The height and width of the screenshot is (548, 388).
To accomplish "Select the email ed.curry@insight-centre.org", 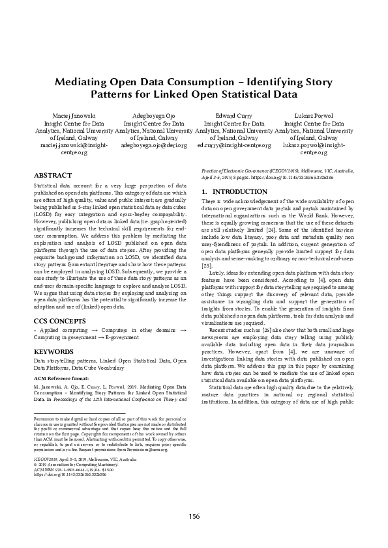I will tap(234, 146).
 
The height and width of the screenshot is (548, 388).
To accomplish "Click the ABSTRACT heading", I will tap(53, 175).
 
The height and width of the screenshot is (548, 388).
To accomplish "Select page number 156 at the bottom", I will tap(194, 516).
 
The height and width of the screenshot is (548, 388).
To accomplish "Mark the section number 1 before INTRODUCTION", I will tap(204, 192).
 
